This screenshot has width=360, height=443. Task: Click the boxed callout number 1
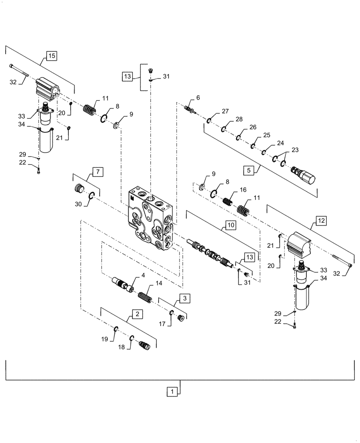(x=172, y=391)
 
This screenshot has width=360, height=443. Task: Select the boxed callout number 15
(x=51, y=56)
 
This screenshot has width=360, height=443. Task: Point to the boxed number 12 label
(x=321, y=219)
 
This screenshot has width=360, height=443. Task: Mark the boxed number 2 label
(x=138, y=314)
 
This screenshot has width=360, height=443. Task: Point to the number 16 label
(x=243, y=190)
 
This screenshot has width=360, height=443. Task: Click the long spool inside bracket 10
(x=211, y=255)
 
